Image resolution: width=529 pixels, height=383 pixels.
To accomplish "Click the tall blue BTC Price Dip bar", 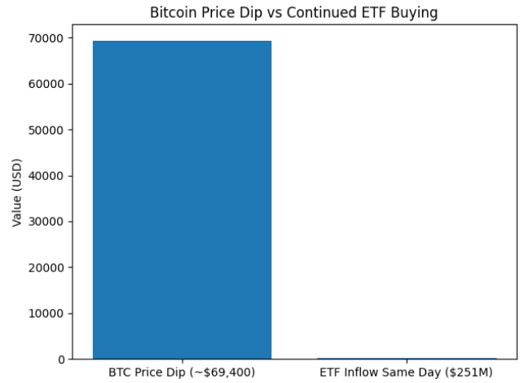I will click(182, 200).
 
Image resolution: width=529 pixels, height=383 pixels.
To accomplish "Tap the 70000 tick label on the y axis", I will click(47, 38).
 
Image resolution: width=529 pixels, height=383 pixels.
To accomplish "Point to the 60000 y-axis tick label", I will click(47, 84).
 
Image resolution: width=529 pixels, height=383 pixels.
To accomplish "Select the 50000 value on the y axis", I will click(47, 130).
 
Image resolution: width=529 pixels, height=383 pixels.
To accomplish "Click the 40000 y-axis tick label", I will click(47, 176).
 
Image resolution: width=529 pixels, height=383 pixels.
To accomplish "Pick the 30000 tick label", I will click(47, 222).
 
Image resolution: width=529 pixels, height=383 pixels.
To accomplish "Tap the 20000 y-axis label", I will click(47, 267).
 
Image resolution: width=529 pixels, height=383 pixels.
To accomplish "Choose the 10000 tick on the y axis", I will click(47, 314).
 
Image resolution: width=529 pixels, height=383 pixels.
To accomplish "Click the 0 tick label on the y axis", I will click(61, 359).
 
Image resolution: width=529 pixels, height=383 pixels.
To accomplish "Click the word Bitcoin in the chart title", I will click(173, 13).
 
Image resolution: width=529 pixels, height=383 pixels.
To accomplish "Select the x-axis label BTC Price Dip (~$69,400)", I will click(182, 372).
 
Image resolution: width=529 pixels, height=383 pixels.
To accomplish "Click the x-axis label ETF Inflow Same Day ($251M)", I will click(406, 372).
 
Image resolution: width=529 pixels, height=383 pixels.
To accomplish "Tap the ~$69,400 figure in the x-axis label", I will click(226, 372).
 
